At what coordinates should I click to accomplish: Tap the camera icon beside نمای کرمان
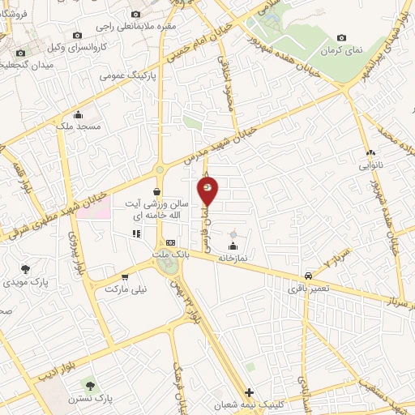(x=341, y=37)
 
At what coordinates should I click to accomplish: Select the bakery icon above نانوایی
(x=370, y=152)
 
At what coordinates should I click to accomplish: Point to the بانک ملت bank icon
(x=170, y=242)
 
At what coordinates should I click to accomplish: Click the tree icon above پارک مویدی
(x=26, y=268)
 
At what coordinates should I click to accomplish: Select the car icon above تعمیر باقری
(x=308, y=276)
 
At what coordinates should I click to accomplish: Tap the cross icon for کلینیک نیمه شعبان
(x=249, y=391)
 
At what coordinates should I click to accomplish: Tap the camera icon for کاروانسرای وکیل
(x=77, y=36)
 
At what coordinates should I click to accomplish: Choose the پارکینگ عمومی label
(x=123, y=76)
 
